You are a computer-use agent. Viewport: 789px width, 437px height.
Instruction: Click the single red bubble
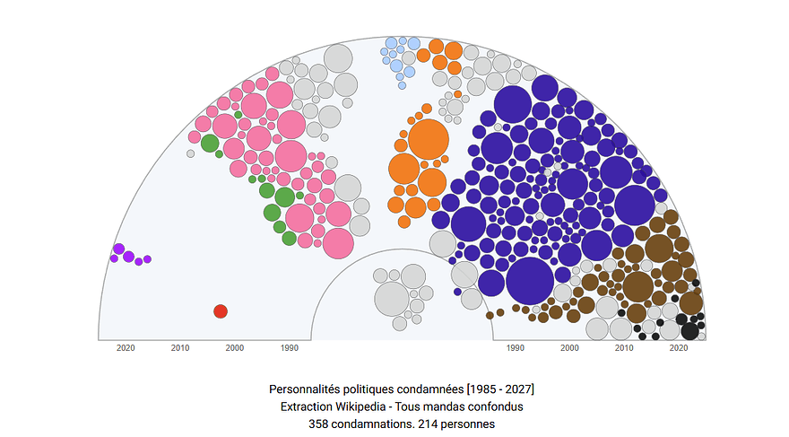point(220,311)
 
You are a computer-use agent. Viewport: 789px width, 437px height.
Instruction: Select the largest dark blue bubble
point(530,281)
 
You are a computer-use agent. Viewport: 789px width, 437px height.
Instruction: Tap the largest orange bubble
point(428,139)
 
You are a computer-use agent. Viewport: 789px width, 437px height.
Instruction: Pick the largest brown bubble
point(637,286)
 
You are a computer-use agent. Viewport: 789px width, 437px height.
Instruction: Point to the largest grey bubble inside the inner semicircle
point(392,299)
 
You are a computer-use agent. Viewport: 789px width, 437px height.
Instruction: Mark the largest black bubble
point(689,329)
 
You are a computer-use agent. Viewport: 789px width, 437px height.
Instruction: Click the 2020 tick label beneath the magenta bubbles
point(126,348)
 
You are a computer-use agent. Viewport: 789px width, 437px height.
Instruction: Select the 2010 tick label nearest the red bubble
point(180,348)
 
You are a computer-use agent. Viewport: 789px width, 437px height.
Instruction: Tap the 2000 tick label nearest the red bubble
point(235,348)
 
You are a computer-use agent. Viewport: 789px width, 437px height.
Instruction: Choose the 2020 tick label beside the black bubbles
point(680,348)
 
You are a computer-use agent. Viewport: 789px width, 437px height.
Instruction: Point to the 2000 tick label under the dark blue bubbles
point(570,348)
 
